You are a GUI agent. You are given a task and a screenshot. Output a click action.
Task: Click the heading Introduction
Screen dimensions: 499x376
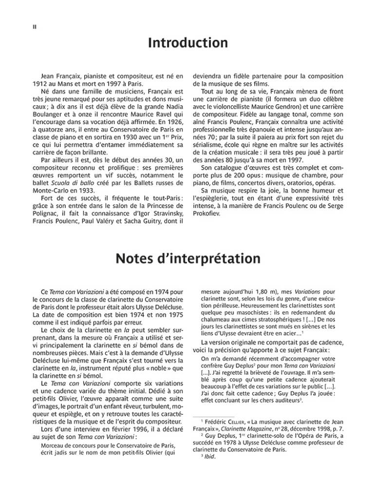(188, 44)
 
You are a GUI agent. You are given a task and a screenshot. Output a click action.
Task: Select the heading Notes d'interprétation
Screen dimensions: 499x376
(188, 258)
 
